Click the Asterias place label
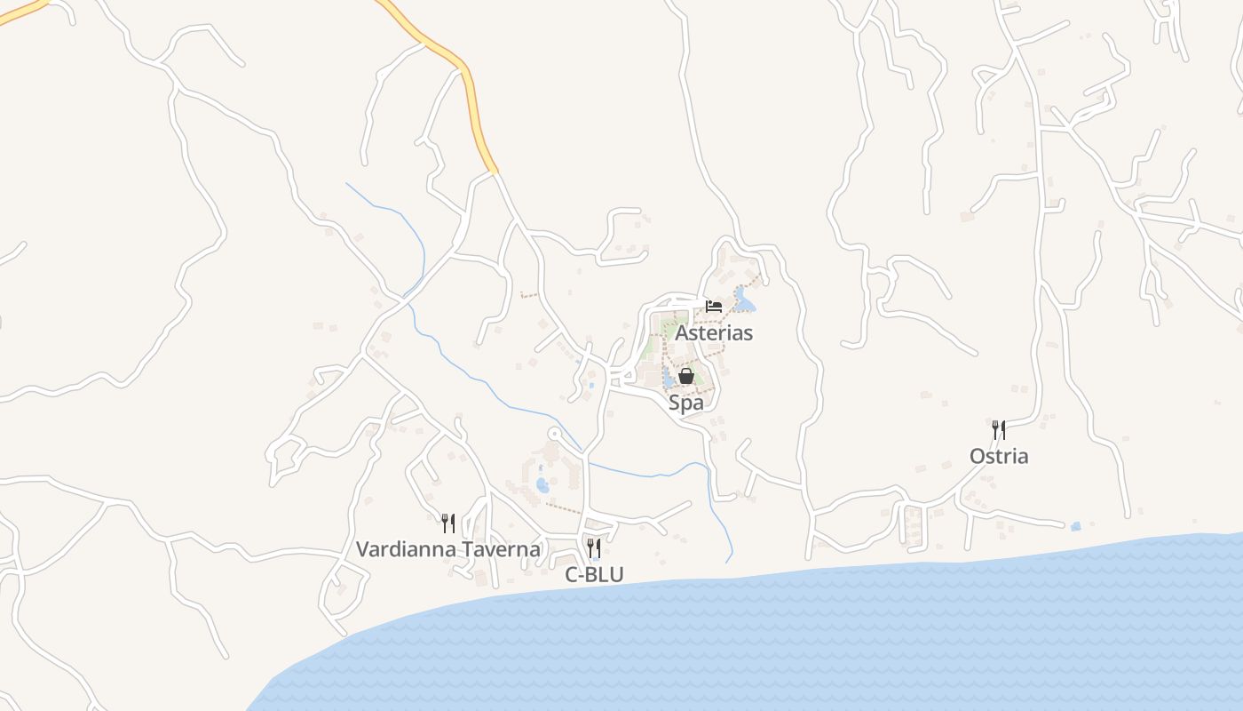[714, 333]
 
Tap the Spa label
[685, 403]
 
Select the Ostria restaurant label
[999, 456]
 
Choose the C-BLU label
[594, 575]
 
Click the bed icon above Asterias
[714, 306]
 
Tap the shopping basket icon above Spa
[685, 376]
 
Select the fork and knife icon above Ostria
[999, 430]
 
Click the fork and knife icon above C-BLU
[594, 547]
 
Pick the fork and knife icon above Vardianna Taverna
[448, 523]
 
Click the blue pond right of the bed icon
[744, 305]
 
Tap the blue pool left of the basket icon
[667, 381]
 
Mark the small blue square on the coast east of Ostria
[1076, 526]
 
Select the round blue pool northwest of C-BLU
[542, 485]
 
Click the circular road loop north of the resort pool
[554, 434]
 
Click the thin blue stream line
[497, 391]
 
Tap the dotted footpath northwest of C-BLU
[563, 508]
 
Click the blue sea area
[799, 640]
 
